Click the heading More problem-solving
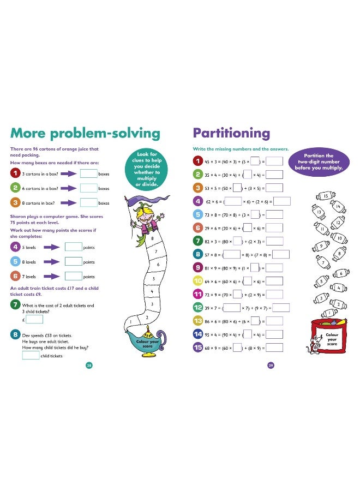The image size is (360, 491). coord(85,134)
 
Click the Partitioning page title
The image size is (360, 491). coord(231,133)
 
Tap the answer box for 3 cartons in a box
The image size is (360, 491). coord(88,174)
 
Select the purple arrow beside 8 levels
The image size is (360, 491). coord(53,262)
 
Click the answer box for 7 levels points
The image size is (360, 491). coord(73,277)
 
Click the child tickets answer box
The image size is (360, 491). coord(31,356)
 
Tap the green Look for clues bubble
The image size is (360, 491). coord(147,169)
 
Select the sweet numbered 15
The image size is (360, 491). coord(326,196)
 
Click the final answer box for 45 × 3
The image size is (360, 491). coord(275,161)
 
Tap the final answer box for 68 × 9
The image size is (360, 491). coord(275,348)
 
